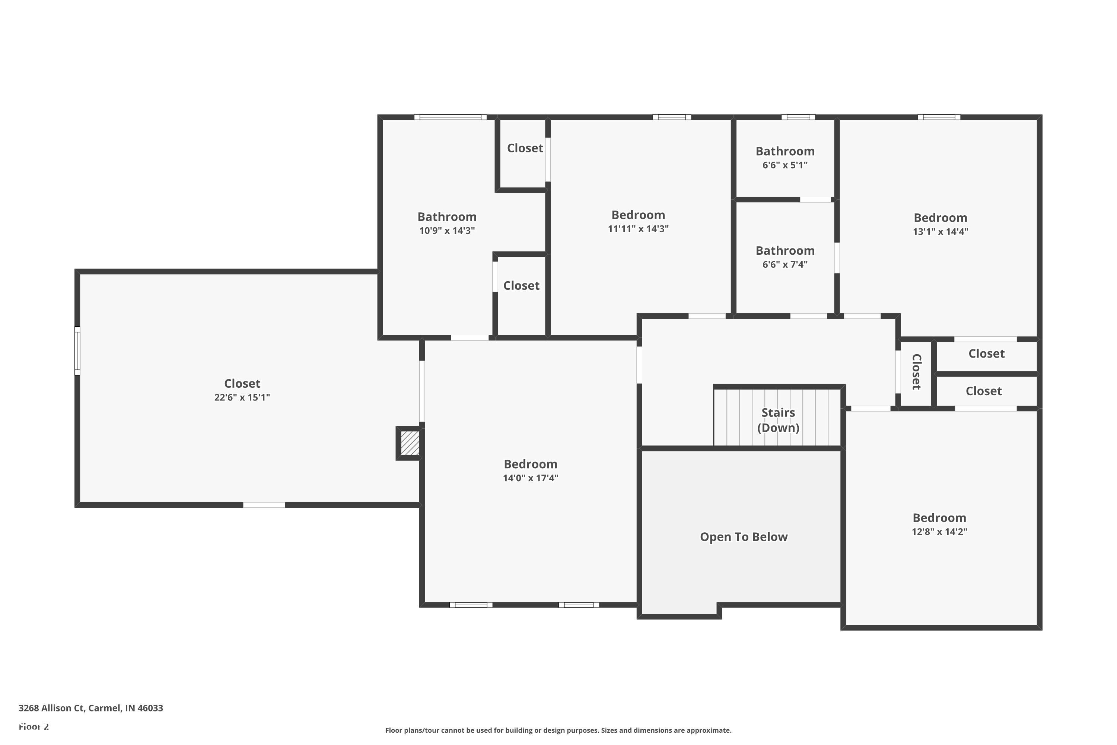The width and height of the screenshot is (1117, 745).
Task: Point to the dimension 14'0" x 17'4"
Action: (531, 478)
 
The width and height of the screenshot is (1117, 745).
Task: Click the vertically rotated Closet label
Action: (917, 372)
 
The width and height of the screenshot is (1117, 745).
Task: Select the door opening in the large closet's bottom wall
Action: (264, 505)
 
